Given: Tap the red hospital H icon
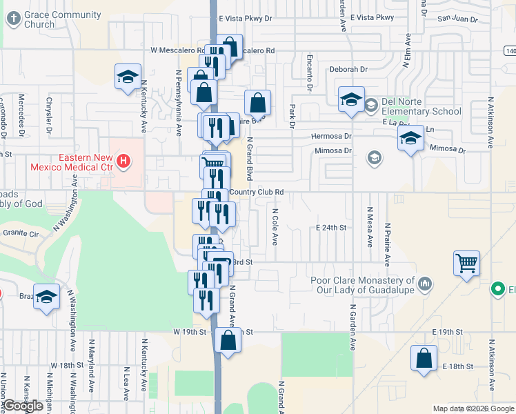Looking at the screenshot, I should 123,162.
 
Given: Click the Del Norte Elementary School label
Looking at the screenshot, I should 421,107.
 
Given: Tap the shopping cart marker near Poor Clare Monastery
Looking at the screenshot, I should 467,263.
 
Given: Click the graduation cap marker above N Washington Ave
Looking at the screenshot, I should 46,297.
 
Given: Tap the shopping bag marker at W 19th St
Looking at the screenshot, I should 228,340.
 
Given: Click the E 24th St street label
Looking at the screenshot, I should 330,227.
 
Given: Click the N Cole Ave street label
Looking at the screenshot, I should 275,228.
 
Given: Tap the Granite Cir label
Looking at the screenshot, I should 19,235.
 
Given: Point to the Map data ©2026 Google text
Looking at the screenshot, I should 473,408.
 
